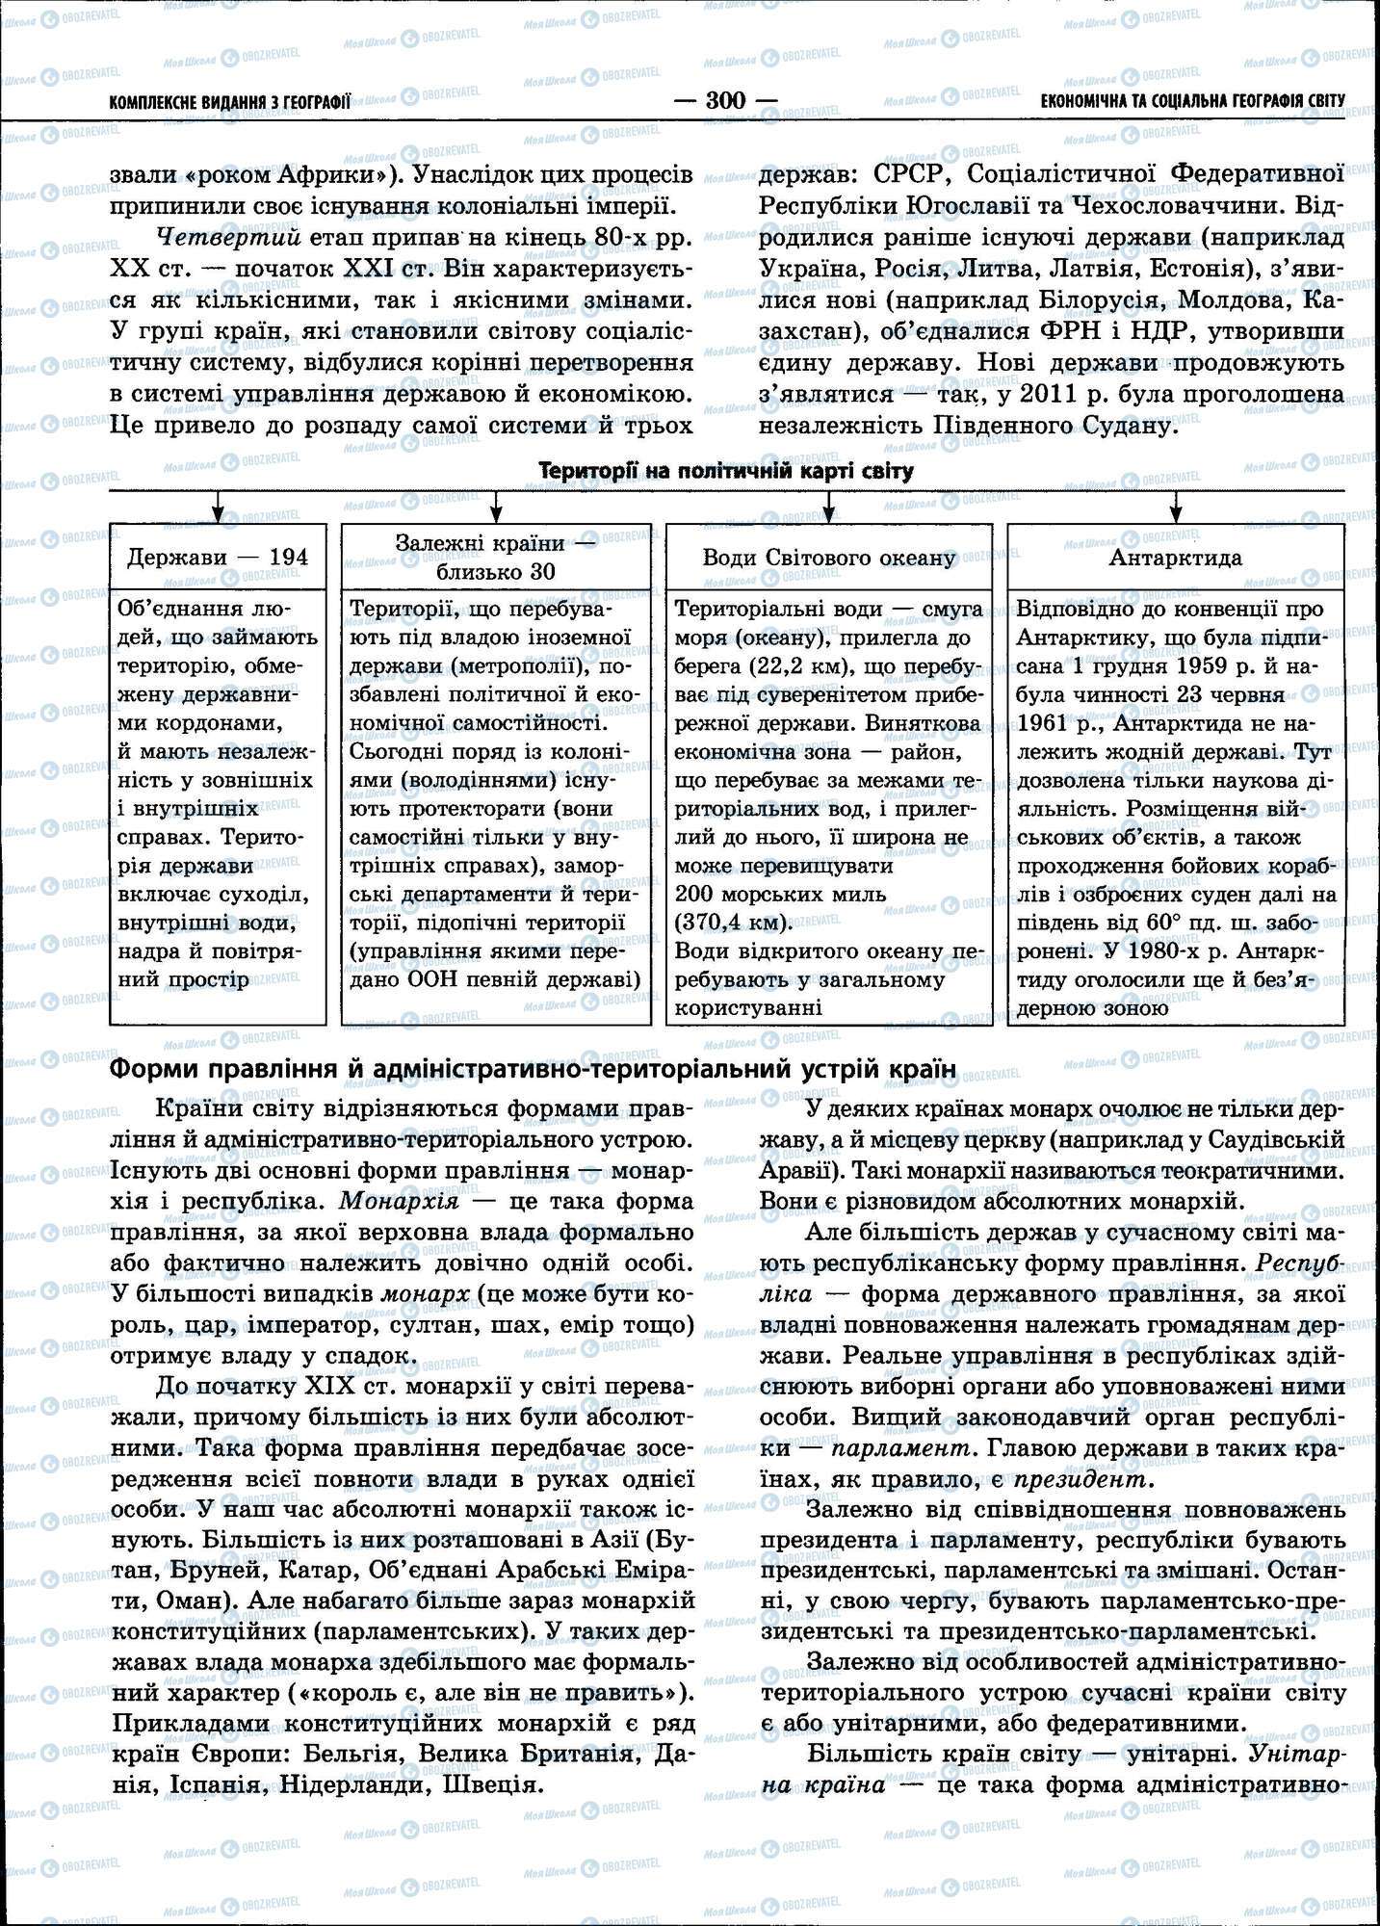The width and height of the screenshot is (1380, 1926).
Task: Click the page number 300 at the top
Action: [x=726, y=100]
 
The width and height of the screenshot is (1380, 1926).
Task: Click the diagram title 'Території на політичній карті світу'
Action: [x=726, y=471]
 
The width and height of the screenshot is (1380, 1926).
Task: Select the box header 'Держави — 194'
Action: [x=218, y=557]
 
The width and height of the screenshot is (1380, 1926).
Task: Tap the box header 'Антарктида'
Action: [x=1175, y=558]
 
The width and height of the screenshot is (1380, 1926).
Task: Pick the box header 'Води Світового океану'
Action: [x=828, y=558]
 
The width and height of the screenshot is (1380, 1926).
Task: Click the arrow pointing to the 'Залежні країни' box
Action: [x=497, y=506]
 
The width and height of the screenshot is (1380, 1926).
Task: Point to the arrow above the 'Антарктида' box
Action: [x=1175, y=506]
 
